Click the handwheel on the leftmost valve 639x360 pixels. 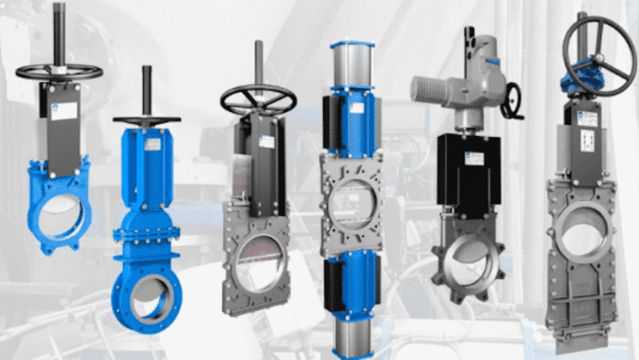click(x=59, y=71)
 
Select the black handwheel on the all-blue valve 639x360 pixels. click(x=147, y=120)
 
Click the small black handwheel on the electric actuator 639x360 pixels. click(x=511, y=100)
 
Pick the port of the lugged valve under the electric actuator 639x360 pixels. click(x=468, y=260)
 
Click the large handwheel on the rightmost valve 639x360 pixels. click(x=598, y=51)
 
